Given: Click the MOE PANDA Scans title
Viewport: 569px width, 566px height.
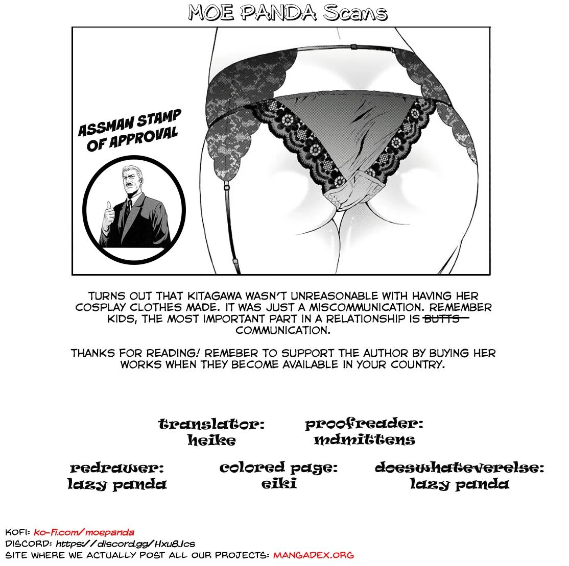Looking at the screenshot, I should tap(288, 13).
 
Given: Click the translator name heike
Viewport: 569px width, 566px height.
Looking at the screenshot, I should tap(211, 439).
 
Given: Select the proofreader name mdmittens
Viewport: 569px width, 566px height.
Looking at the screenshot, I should tap(364, 439).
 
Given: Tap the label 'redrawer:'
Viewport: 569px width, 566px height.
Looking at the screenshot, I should tap(117, 467).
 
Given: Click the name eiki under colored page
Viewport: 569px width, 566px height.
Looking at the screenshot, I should tap(278, 483).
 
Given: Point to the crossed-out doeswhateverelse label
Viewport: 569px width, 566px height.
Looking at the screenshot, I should tap(459, 467).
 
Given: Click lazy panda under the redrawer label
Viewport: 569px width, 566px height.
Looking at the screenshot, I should tap(117, 483).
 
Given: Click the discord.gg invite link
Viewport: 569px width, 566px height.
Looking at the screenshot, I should tap(125, 544).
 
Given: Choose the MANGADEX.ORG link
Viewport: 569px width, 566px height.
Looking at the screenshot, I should tap(313, 555).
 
